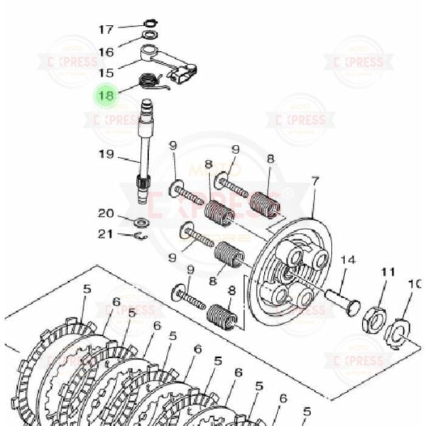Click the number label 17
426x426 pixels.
coord(105,29)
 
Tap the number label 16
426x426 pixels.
coord(105,52)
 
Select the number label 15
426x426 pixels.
coord(106,73)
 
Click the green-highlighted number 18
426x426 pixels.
coord(106,94)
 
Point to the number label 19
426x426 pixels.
coord(106,155)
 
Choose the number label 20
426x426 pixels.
coord(105,214)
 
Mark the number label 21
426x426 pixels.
coord(105,234)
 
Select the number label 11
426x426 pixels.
coord(387,272)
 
